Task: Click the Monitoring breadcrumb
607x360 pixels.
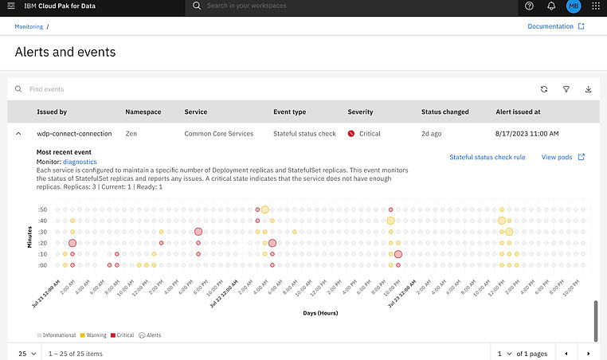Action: tap(29, 26)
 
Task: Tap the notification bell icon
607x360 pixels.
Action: tap(551, 6)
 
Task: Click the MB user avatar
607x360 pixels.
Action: tap(574, 6)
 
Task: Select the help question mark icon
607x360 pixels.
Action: tap(530, 6)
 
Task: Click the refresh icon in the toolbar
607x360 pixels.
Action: tap(543, 89)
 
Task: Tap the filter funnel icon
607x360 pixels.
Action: tap(566, 89)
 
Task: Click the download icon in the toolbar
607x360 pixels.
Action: tap(589, 89)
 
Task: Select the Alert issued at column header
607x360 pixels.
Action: tap(518, 112)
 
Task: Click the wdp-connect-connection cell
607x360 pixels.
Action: tap(74, 133)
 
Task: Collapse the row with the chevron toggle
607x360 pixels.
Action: tap(18, 133)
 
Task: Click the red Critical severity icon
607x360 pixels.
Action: tap(351, 133)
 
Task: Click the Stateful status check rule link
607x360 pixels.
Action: tap(488, 157)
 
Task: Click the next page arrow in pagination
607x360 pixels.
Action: tap(589, 353)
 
